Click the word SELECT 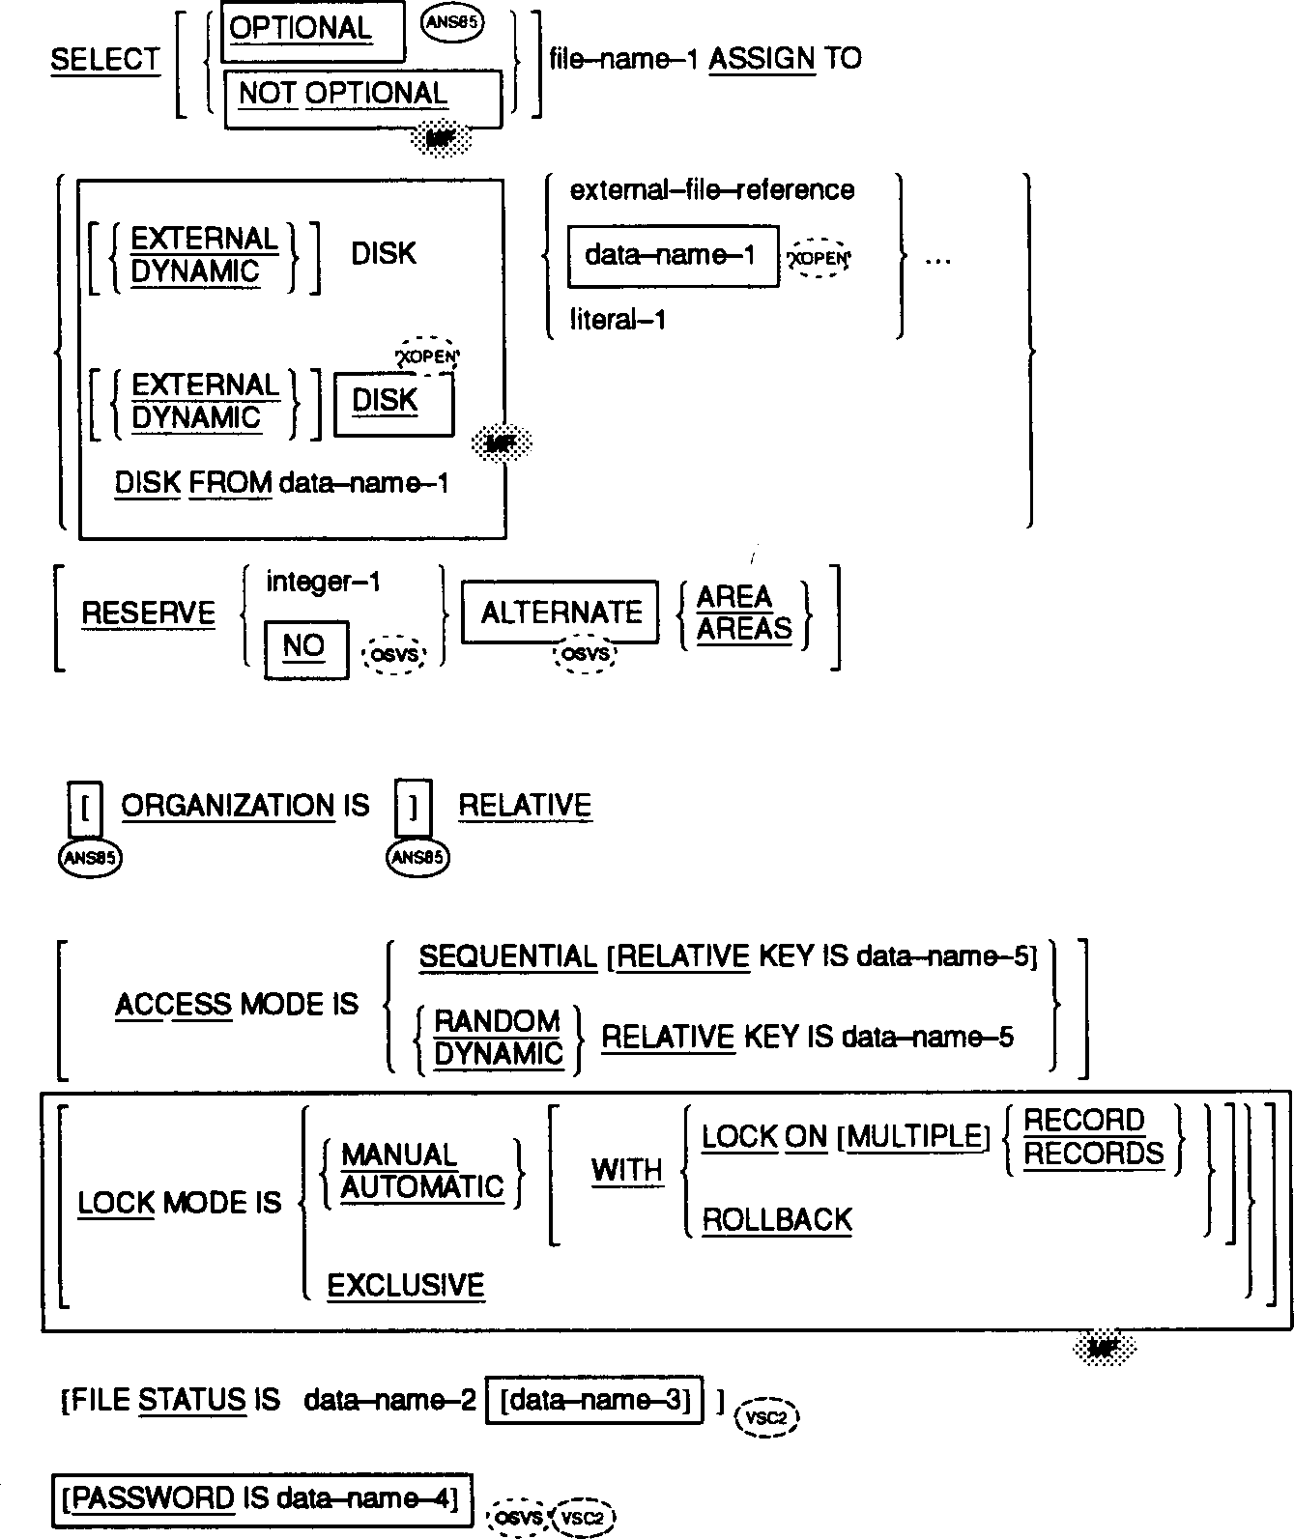[x=104, y=60]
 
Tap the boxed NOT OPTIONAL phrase [x=343, y=94]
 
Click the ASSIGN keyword [x=762, y=59]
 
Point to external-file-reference [x=712, y=190]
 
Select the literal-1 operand [x=618, y=320]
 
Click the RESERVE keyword [x=148, y=613]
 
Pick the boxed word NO [x=303, y=645]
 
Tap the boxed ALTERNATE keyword [x=561, y=613]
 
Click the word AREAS [x=744, y=629]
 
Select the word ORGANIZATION [x=228, y=806]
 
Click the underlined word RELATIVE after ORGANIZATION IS [x=525, y=806]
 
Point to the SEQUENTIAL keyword [x=508, y=956]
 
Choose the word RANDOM [x=498, y=1021]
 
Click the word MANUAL [x=399, y=1154]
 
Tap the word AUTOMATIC [x=422, y=1186]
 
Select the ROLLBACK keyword [x=777, y=1219]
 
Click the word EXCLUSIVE [x=406, y=1285]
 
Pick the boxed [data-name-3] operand [x=594, y=1400]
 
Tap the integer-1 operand [x=323, y=582]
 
